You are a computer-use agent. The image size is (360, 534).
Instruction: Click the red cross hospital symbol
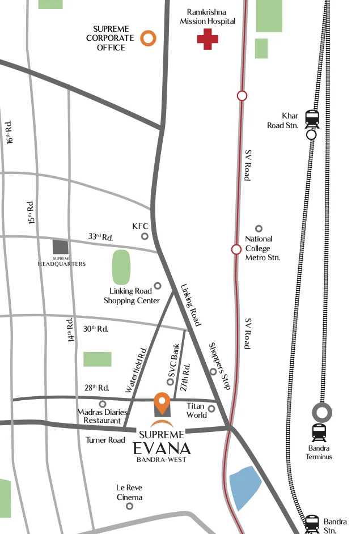[207, 39]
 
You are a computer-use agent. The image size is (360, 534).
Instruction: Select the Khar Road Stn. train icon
[312, 118]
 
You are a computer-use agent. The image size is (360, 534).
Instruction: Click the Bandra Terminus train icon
[319, 433]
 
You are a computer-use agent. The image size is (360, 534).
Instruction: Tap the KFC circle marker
[145, 236]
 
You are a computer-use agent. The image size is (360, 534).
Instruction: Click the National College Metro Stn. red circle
[236, 249]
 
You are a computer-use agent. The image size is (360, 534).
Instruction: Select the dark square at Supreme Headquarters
[60, 247]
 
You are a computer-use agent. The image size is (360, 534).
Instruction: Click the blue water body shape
[245, 488]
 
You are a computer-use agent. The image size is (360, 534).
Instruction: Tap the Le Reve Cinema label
[129, 492]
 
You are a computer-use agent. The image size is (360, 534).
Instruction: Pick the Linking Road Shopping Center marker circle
[158, 286]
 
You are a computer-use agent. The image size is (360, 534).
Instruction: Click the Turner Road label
[105, 440]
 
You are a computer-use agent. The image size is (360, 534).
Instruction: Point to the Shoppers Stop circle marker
[213, 372]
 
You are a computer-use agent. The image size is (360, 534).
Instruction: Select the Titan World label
[196, 410]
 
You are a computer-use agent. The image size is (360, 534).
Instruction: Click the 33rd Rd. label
[100, 236]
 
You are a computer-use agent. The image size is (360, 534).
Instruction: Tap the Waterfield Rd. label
[137, 370]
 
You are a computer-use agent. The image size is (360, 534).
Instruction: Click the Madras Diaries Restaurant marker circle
[103, 404]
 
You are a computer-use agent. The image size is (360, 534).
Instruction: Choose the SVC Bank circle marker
[170, 382]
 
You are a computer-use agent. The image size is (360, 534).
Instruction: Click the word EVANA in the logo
[162, 448]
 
